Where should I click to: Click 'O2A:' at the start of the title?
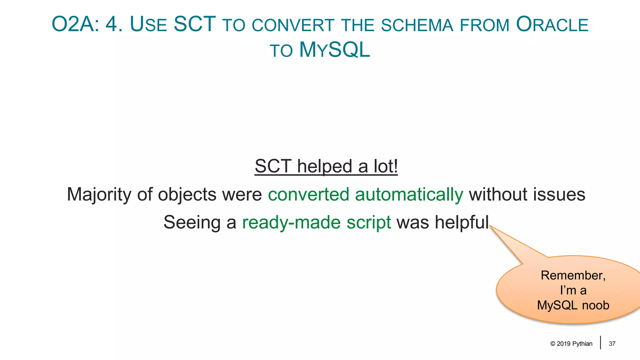(75, 24)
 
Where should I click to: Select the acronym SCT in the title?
(194, 24)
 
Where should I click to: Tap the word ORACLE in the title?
(552, 24)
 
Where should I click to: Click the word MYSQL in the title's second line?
(335, 50)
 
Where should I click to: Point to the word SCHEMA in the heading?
(417, 25)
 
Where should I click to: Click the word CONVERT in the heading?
(293, 25)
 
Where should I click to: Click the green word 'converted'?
(308, 194)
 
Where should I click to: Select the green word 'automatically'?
(409, 194)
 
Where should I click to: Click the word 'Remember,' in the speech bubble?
(573, 275)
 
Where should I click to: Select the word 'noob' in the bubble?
(596, 305)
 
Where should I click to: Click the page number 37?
(612, 344)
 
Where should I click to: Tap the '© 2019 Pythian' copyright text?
(571, 344)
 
